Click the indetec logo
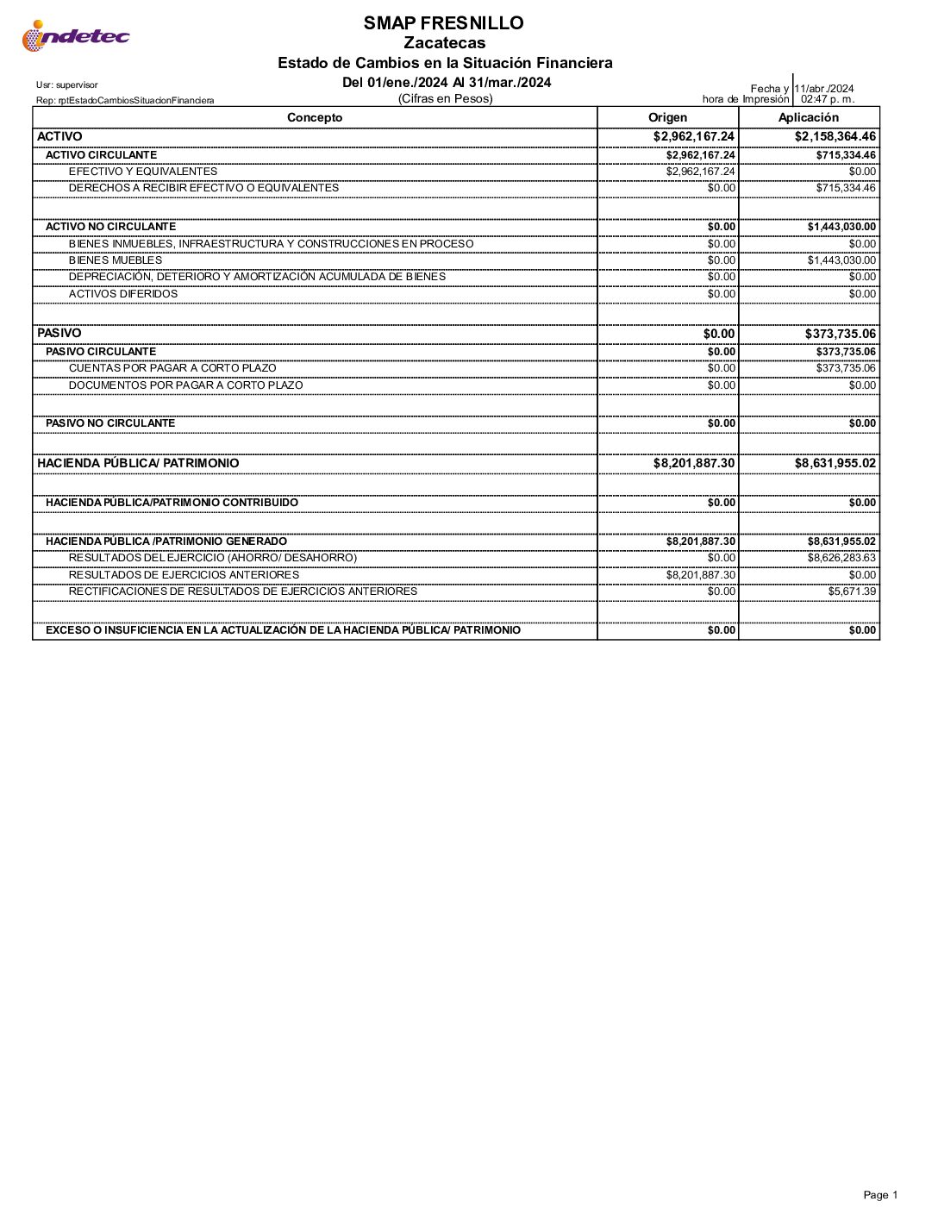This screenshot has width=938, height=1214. click(76, 36)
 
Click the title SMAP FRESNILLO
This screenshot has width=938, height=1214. click(443, 23)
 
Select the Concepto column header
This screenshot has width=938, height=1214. click(315, 118)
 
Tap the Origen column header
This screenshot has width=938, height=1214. click(667, 118)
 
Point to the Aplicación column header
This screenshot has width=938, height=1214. click(808, 118)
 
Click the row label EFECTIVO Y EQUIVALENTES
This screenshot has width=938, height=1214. click(143, 172)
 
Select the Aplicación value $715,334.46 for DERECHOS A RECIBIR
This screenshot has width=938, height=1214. click(846, 188)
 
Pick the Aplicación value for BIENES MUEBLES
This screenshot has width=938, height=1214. click(841, 260)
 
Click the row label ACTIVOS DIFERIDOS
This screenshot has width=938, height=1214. click(123, 294)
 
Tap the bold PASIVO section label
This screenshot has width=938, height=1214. click(59, 333)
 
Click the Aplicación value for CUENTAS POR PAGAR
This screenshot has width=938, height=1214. click(846, 368)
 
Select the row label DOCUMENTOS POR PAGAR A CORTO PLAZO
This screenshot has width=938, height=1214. click(185, 385)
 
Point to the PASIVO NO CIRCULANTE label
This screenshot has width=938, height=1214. click(110, 423)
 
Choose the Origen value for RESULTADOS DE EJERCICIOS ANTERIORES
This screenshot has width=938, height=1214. click(701, 575)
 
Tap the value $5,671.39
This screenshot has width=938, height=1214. click(852, 591)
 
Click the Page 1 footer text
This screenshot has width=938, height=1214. click(880, 1195)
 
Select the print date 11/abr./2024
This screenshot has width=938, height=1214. click(824, 89)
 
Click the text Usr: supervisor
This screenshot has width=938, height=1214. click(67, 85)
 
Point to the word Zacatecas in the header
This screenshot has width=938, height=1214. click(445, 43)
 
